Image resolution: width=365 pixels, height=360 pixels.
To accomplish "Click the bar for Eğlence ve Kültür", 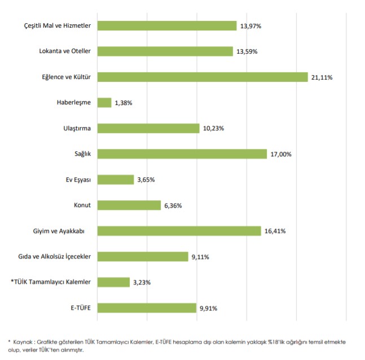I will click(x=202, y=77).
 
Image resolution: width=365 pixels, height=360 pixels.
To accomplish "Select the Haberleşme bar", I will click(x=104, y=103).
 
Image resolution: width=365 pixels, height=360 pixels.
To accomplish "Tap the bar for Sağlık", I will click(x=182, y=154).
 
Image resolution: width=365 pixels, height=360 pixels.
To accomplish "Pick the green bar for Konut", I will click(x=129, y=205).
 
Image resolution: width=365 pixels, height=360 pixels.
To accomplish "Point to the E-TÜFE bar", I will click(x=147, y=308).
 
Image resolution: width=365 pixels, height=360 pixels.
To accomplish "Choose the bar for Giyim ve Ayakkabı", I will click(x=179, y=231).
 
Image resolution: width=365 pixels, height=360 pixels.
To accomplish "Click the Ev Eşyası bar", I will click(x=116, y=179).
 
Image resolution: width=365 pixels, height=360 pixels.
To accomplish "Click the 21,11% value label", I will click(x=322, y=77).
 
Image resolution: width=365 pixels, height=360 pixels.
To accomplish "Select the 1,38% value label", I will click(x=124, y=103).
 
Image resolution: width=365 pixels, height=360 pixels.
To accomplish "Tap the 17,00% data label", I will click(x=280, y=155).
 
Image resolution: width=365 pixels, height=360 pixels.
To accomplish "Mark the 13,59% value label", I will click(x=247, y=52).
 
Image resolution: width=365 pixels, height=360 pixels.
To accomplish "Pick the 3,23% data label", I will click(x=142, y=283).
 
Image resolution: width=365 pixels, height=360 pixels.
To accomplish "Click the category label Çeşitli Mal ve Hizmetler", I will click(x=58, y=26).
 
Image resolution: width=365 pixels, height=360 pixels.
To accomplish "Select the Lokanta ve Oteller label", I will click(x=65, y=51).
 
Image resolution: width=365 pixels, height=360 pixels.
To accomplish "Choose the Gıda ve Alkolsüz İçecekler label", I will click(x=55, y=257).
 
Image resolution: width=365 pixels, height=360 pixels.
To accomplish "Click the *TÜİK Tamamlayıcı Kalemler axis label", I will click(x=51, y=282).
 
